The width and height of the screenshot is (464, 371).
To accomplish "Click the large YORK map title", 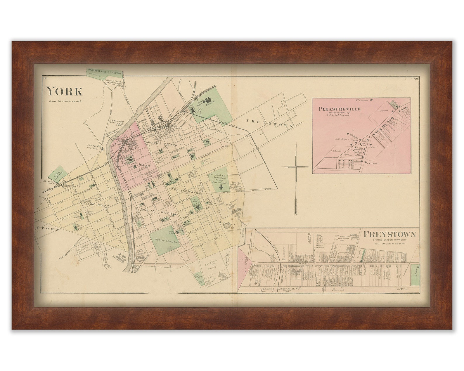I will tap(64, 91).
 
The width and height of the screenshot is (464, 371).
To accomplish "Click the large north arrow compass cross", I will tap(296, 167).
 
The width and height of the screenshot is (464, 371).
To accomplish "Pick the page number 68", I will tap(45, 78).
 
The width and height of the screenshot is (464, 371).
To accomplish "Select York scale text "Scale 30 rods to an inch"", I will tap(65, 101).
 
